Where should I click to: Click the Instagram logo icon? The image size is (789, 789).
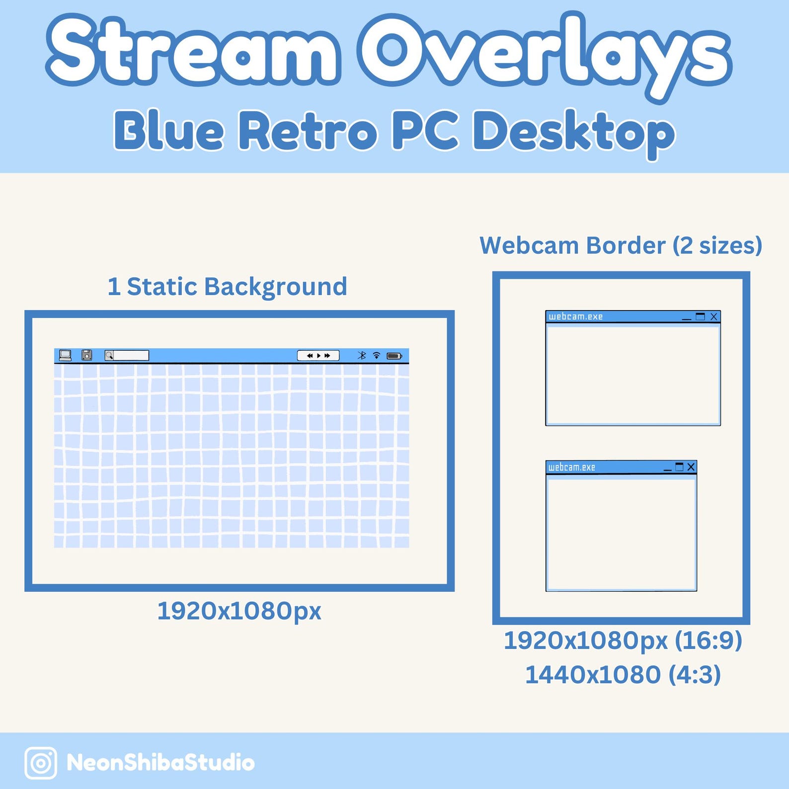[41, 763]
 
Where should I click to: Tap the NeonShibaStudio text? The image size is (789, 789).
[160, 763]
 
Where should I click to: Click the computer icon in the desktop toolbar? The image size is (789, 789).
[65, 355]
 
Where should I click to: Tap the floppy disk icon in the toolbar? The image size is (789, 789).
[87, 355]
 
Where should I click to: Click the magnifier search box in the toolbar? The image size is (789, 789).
[127, 355]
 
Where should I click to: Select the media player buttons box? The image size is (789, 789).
[318, 356]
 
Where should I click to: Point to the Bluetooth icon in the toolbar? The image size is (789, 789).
[362, 355]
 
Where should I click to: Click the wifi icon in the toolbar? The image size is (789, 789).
[377, 355]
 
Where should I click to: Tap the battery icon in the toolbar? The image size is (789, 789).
[394, 356]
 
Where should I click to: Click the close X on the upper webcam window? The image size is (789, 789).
[714, 316]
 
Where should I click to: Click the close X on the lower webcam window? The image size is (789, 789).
[691, 467]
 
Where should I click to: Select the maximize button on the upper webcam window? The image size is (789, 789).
[701, 316]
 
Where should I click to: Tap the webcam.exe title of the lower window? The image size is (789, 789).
[571, 467]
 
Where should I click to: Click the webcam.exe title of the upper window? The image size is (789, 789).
[575, 316]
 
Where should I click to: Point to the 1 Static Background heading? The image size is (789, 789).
[227, 287]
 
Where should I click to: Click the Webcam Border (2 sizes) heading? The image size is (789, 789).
[621, 245]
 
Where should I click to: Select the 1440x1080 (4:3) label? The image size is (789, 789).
[623, 675]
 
